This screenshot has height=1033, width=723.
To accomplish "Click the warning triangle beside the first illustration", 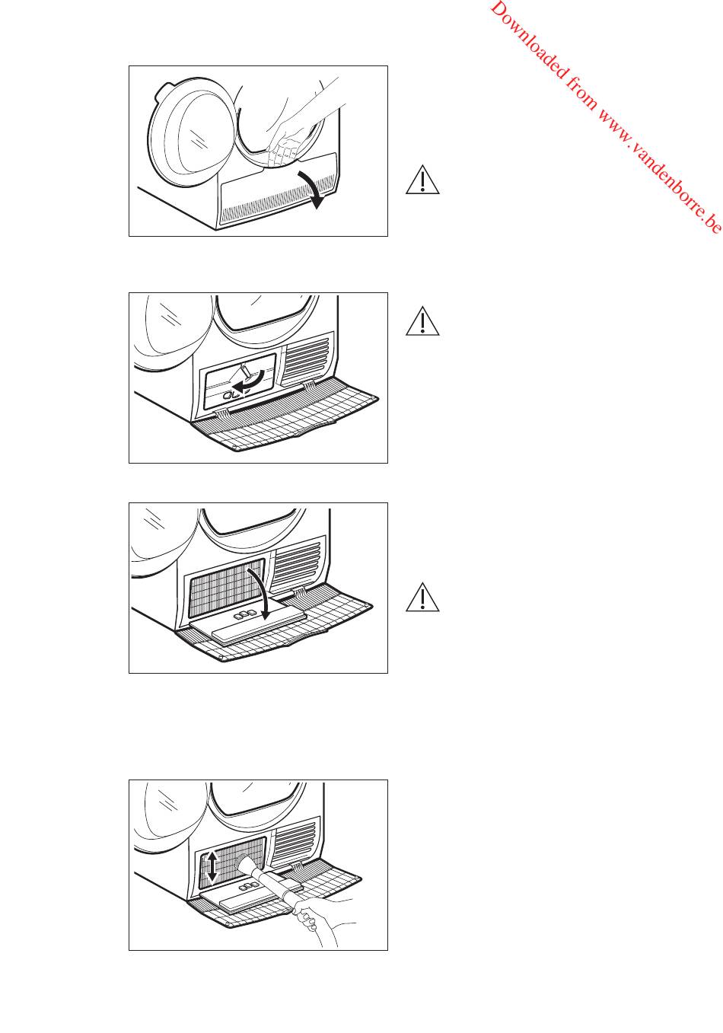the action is tap(422, 180).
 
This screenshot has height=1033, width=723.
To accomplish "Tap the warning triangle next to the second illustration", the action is tap(422, 321).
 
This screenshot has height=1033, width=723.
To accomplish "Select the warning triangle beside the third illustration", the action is tap(422, 598).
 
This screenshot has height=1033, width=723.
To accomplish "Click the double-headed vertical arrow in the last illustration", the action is tap(212, 866).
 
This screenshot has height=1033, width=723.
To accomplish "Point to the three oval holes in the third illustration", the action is tap(243, 615).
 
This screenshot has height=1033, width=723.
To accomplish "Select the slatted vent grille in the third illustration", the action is tap(298, 565).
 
